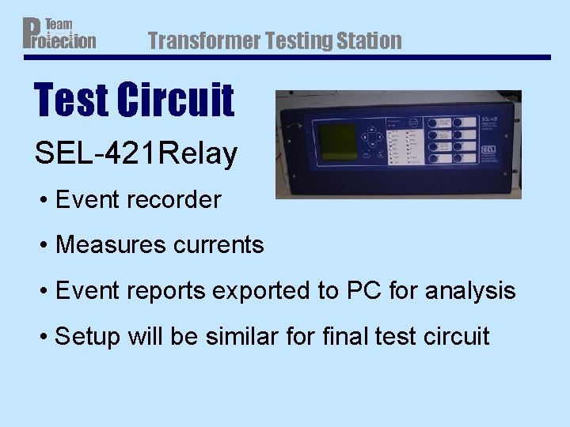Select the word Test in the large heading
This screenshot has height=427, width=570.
(70, 100)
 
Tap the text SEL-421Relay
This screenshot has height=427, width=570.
(135, 153)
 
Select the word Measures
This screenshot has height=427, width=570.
(108, 245)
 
